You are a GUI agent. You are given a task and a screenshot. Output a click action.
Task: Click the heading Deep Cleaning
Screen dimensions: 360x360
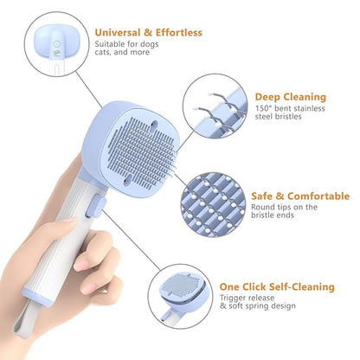(291, 97)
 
